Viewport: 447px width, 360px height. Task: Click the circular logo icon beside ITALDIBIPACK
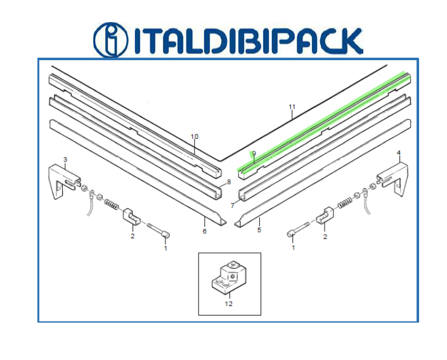(x=110, y=40)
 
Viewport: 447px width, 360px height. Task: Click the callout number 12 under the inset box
(x=229, y=304)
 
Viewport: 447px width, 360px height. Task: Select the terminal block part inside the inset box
(x=229, y=276)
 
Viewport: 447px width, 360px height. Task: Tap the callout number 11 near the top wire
(x=292, y=107)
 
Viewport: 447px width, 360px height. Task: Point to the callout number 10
(x=195, y=136)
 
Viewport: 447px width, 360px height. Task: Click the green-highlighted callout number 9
(x=254, y=153)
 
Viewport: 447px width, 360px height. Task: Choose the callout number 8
(x=229, y=182)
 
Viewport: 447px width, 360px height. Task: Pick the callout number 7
(x=232, y=205)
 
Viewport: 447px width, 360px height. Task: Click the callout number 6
(x=204, y=231)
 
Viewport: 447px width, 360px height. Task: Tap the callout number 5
(x=259, y=229)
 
